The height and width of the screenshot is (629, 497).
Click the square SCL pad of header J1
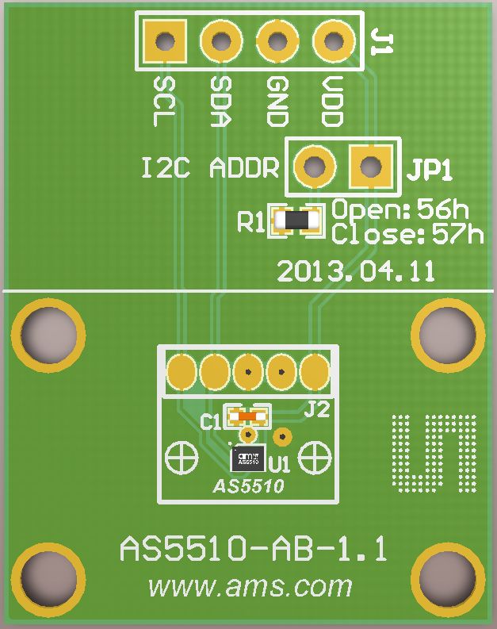point(165,40)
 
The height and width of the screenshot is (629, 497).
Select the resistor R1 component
point(296,221)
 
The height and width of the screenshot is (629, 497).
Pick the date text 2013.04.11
point(356,271)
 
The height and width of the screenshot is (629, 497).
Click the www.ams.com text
point(250,587)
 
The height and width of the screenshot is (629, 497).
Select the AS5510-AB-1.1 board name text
point(254,549)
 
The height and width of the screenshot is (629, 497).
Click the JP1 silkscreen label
point(431,169)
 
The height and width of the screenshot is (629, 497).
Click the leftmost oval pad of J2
point(182,371)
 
